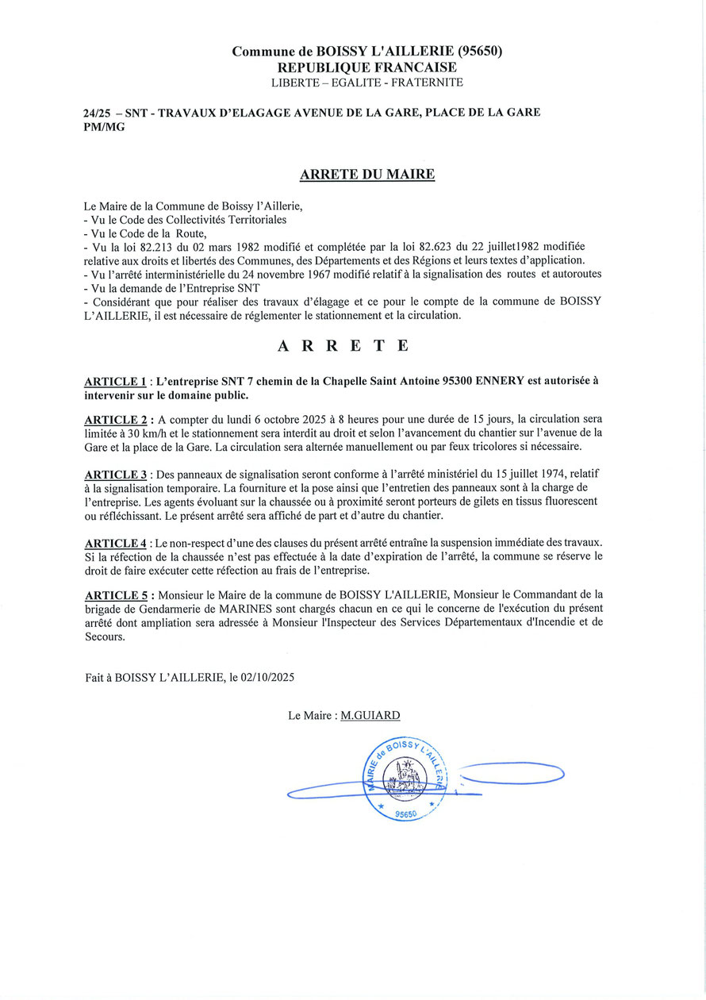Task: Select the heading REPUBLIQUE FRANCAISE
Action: [366, 67]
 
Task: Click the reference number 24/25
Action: [95, 113]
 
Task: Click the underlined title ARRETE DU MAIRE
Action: [366, 175]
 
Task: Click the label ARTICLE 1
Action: [115, 381]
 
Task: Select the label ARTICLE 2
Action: [115, 419]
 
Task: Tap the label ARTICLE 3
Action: [115, 475]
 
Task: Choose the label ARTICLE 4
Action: [115, 543]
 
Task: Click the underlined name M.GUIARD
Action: [370, 715]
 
